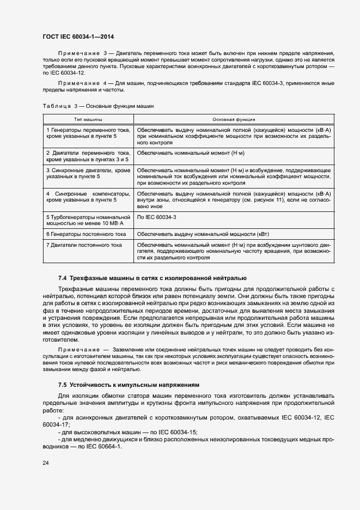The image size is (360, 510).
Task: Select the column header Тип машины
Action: coord(88,118)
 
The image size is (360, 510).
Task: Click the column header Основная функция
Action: coord(234,118)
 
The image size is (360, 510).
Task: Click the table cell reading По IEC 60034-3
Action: coord(156,217)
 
